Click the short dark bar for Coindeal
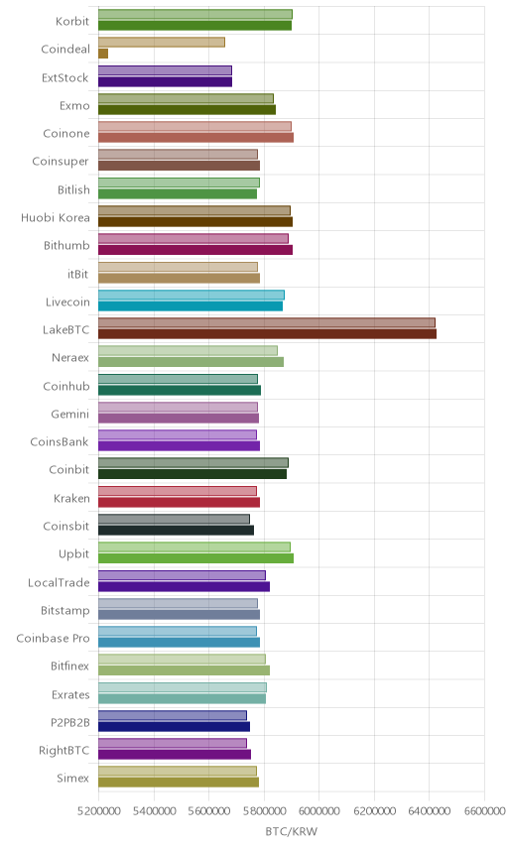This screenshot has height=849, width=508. click(103, 54)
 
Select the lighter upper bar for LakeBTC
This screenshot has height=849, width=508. click(267, 322)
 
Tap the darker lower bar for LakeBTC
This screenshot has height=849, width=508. click(267, 334)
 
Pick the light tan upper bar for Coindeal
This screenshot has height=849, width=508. click(162, 43)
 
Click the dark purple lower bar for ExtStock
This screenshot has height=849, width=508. click(165, 81)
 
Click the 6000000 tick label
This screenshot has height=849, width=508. click(318, 811)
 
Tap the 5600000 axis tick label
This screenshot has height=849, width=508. click(208, 811)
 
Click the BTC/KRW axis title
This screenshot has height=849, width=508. click(292, 831)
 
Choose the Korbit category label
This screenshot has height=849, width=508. click(72, 21)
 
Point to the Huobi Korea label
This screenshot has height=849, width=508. click(56, 217)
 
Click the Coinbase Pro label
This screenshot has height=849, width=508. click(53, 639)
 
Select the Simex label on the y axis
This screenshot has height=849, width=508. click(72, 778)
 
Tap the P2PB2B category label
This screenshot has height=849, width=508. click(69, 722)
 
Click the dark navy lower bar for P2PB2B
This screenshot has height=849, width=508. click(174, 727)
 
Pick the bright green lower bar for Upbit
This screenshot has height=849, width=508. click(196, 558)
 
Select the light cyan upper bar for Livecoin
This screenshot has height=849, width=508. click(191, 295)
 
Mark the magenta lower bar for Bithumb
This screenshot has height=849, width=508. click(195, 250)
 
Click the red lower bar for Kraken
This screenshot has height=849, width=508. click(180, 503)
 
